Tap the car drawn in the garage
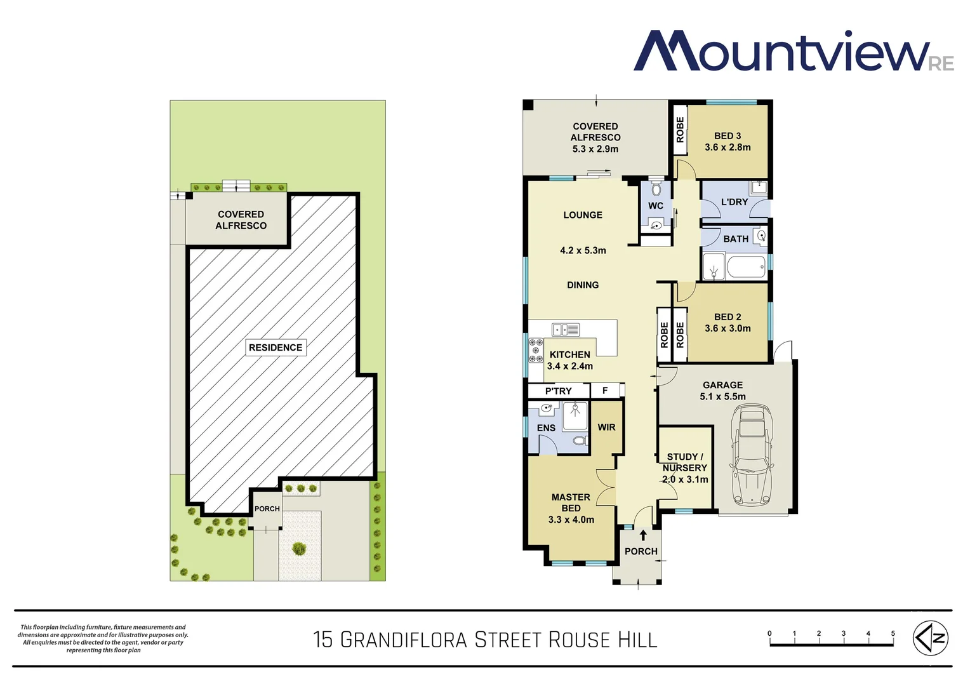point(752,455)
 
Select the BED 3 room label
point(727,136)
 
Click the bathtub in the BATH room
point(746,267)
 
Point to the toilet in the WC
point(656,189)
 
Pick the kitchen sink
point(566,330)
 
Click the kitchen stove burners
point(535,351)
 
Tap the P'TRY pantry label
point(558,391)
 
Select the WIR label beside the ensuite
point(606,427)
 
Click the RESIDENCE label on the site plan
point(276,347)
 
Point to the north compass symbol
point(931,638)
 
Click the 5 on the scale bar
point(893,633)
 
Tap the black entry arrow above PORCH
point(643,535)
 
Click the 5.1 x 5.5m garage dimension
point(722,396)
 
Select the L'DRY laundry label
point(734,202)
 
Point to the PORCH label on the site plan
point(267,509)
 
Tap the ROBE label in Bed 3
point(680,130)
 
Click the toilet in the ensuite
point(579,440)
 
